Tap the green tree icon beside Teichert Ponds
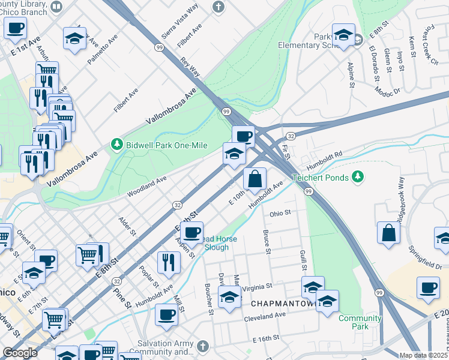pos(358,176)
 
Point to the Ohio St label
pos(280,213)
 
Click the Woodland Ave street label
pos(146,187)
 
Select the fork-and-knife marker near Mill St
pos(169,262)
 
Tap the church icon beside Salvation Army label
pos(203,346)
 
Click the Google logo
pos(20,353)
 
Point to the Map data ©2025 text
pos(423,355)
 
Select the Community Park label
pos(360,322)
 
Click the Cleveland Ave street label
pos(264,315)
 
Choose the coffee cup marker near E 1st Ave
pos(16,28)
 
